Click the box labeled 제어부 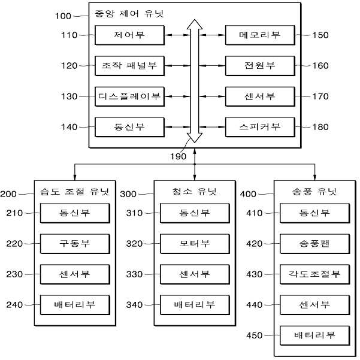pyautogui.click(x=129, y=35)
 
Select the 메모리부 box pyautogui.click(x=260, y=35)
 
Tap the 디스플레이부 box pyautogui.click(x=129, y=96)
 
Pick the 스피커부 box pyautogui.click(x=260, y=127)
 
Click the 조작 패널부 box pyautogui.click(x=129, y=66)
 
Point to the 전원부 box pyautogui.click(x=260, y=66)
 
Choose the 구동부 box pyautogui.click(x=75, y=244)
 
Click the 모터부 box pyautogui.click(x=195, y=244)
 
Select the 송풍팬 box pyautogui.click(x=314, y=244)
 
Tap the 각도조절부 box pyautogui.click(x=314, y=274)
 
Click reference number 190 pyautogui.click(x=178, y=156)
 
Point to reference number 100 pyautogui.click(x=63, y=16)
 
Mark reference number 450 pyautogui.click(x=255, y=335)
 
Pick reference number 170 pyautogui.click(x=320, y=96)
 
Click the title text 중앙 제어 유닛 pyautogui.click(x=129, y=14)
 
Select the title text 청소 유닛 pyautogui.click(x=195, y=191)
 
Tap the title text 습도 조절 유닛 pyautogui.click(x=75, y=191)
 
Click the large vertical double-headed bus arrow pyautogui.click(x=195, y=81)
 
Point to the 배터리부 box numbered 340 pyautogui.click(x=195, y=305)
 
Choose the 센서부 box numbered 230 pyautogui.click(x=75, y=274)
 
